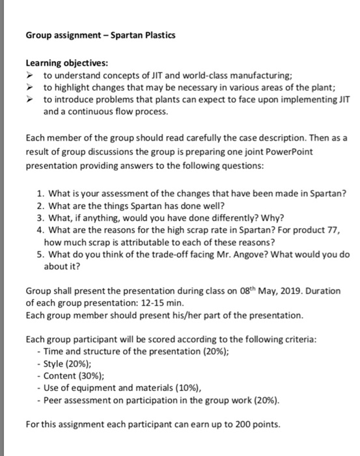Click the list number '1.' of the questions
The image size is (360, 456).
[x=41, y=193]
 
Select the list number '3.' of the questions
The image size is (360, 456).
[x=41, y=218]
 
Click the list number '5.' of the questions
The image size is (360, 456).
[x=41, y=254]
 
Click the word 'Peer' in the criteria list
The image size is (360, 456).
[x=54, y=400]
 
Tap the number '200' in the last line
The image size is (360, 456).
[x=246, y=425]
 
